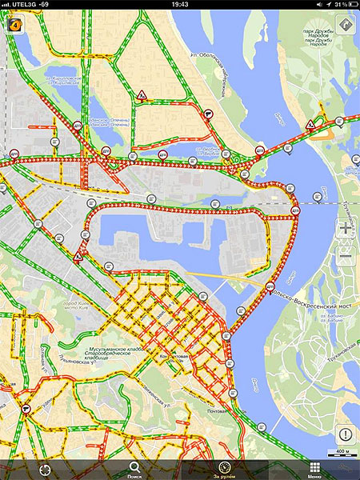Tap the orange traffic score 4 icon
14,24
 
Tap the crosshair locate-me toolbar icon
45,468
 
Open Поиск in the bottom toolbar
135,470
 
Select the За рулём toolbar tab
225,470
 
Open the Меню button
314,470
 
